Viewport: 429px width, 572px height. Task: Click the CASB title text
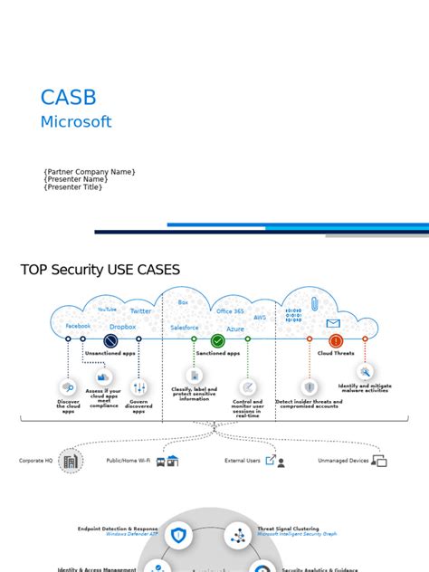(68, 98)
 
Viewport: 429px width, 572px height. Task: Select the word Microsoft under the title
(76, 122)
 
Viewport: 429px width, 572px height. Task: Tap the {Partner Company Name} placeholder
(90, 171)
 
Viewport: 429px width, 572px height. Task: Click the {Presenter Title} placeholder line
(73, 187)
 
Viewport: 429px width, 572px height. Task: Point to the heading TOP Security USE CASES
(100, 270)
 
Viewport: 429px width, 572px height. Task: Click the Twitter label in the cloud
(140, 310)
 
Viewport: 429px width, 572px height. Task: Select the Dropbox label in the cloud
(122, 327)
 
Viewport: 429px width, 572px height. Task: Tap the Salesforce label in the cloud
(184, 327)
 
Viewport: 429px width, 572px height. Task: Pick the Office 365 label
(230, 311)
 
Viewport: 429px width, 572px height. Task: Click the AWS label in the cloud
(260, 318)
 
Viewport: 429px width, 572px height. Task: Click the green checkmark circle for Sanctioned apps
(217, 340)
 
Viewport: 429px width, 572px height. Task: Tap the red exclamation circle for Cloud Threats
(336, 341)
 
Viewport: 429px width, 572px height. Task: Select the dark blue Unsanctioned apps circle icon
(110, 341)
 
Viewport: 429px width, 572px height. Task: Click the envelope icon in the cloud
(333, 323)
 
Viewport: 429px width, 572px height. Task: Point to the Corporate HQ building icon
(70, 461)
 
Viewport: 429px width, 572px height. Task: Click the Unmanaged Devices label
(343, 461)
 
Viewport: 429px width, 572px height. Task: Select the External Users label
(243, 461)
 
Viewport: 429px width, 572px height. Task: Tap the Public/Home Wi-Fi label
(129, 461)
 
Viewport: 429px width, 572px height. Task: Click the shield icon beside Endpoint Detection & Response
(178, 536)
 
